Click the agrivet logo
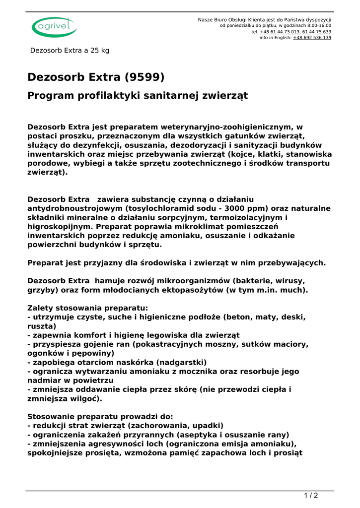point(54,27)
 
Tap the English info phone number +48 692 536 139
point(312,38)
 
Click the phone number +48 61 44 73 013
point(279,32)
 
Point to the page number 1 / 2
point(311,496)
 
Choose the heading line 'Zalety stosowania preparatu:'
point(87,308)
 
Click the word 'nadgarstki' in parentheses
point(180,362)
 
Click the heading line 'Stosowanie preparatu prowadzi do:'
point(100,417)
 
